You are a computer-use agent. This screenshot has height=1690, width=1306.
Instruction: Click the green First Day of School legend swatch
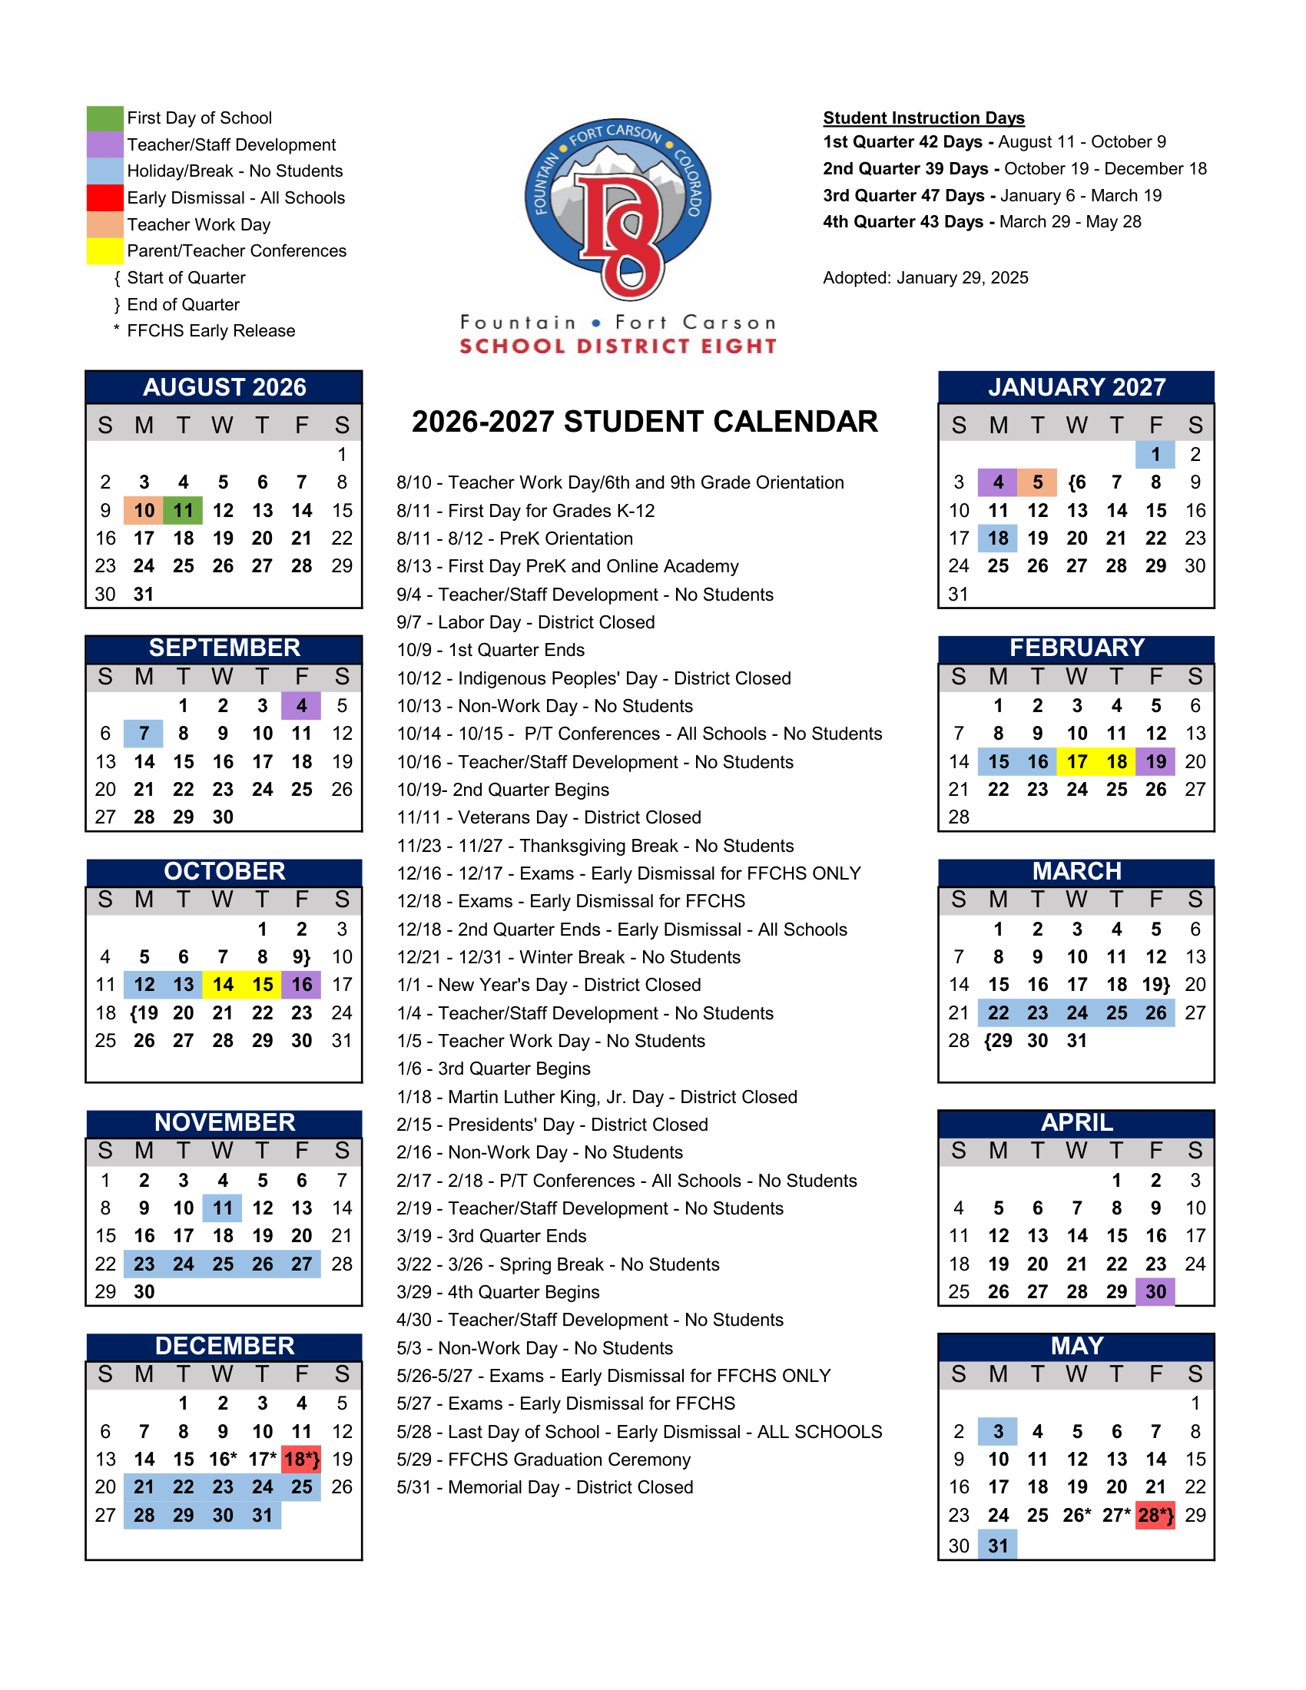click(x=104, y=118)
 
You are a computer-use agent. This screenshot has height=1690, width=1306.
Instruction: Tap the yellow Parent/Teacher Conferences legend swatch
click(x=104, y=250)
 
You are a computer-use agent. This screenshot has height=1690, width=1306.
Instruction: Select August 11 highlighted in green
click(x=184, y=511)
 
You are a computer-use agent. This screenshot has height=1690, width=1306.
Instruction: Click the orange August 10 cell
click(x=144, y=511)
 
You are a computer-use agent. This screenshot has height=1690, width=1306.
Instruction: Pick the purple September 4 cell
click(x=302, y=706)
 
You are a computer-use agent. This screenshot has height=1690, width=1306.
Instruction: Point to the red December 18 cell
click(x=302, y=1460)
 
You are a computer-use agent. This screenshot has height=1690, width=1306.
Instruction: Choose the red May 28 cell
click(x=1155, y=1515)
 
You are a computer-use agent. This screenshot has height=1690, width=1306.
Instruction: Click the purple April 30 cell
click(x=1155, y=1291)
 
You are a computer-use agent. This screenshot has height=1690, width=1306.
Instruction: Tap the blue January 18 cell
click(x=998, y=538)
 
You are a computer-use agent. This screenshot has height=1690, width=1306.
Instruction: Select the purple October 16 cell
click(x=302, y=984)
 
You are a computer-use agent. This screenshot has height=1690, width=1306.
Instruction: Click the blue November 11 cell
click(x=223, y=1208)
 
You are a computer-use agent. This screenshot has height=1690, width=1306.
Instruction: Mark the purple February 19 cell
click(x=1155, y=761)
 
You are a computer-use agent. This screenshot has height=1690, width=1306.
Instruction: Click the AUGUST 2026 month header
click(x=224, y=387)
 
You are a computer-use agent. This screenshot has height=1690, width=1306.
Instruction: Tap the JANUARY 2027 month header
click(x=1076, y=387)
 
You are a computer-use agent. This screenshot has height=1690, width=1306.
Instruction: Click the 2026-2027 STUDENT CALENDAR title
click(x=645, y=422)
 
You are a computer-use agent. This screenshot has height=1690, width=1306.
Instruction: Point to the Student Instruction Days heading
click(x=923, y=118)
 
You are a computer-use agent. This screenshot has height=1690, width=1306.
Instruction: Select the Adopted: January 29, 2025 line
click(x=926, y=278)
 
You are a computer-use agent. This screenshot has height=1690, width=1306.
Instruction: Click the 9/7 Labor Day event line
click(x=525, y=622)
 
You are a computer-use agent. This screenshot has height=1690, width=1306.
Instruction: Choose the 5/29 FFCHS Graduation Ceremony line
click(x=543, y=1460)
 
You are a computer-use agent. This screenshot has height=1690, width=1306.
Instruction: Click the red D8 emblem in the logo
click(x=623, y=232)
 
